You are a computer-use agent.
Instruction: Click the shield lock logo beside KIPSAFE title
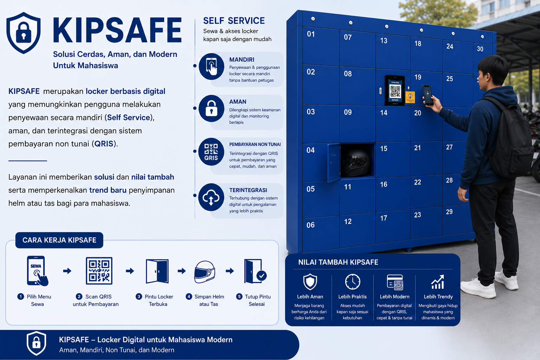[x=24, y=33]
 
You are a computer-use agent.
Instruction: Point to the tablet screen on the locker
[x=395, y=90]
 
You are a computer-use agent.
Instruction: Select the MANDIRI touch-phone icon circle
[x=211, y=66]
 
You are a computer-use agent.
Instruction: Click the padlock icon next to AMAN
[x=211, y=109]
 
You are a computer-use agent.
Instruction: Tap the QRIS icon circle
[x=211, y=152]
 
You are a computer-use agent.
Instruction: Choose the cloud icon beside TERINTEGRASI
[x=211, y=197]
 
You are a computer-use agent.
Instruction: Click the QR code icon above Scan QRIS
[x=99, y=271]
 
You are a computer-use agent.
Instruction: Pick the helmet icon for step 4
[x=204, y=272]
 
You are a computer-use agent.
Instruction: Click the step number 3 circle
[x=139, y=296]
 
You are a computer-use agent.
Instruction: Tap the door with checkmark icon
[x=255, y=271]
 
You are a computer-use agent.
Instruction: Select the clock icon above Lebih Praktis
[x=353, y=282]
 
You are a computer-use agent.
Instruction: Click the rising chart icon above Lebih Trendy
[x=438, y=282]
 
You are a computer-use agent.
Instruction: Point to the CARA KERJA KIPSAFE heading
[x=59, y=240]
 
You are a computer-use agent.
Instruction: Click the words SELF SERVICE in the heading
[x=234, y=21]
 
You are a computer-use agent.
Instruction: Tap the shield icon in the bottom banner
[x=37, y=343]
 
